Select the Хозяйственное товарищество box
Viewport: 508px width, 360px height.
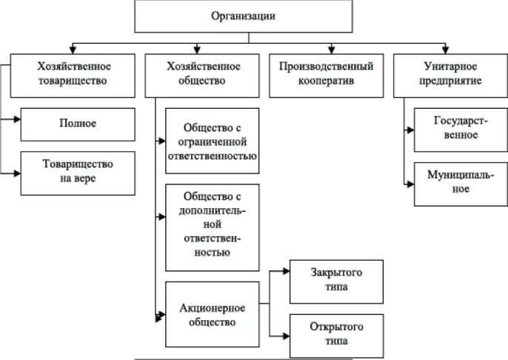click(72, 74)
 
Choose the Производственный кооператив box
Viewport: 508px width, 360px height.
click(326, 74)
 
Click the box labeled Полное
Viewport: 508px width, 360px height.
click(78, 124)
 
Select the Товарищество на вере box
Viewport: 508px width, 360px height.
click(78, 172)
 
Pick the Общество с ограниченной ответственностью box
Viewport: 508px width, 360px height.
click(213, 141)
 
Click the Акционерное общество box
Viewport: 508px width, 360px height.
click(213, 314)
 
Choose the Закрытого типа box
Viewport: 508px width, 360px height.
click(336, 281)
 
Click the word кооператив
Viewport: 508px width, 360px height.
click(326, 81)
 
